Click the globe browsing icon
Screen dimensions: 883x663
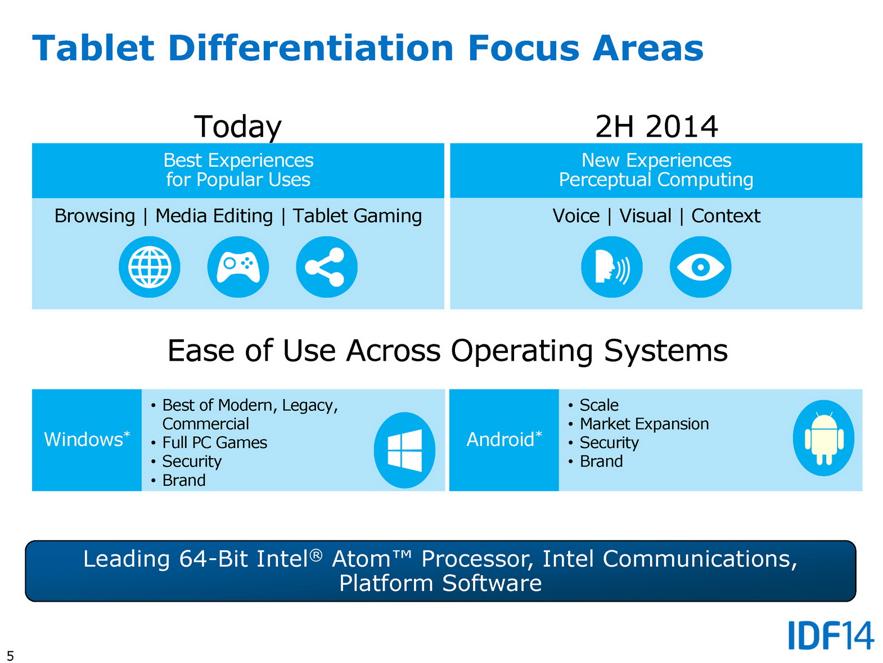click(149, 267)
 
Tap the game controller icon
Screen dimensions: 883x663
click(238, 267)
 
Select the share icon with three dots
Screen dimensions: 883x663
click(327, 267)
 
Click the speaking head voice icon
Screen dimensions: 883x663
click(612, 267)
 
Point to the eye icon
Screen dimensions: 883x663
click(700, 267)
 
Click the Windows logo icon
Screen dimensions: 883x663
click(405, 450)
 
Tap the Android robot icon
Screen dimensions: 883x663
click(823, 438)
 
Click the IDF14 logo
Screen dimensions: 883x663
click(831, 635)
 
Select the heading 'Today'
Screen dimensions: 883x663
click(238, 127)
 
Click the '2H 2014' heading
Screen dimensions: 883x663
click(656, 127)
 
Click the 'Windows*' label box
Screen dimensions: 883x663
click(87, 440)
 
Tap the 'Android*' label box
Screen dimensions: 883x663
click(504, 440)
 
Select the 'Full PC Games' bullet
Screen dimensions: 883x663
click(214, 442)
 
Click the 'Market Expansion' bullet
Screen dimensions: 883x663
click(644, 424)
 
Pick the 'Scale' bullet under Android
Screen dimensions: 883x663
click(599, 405)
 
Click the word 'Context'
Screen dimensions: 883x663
click(726, 216)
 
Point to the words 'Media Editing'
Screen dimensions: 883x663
click(214, 216)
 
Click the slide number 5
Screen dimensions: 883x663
click(11, 656)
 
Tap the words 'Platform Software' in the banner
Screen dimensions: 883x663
click(440, 583)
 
